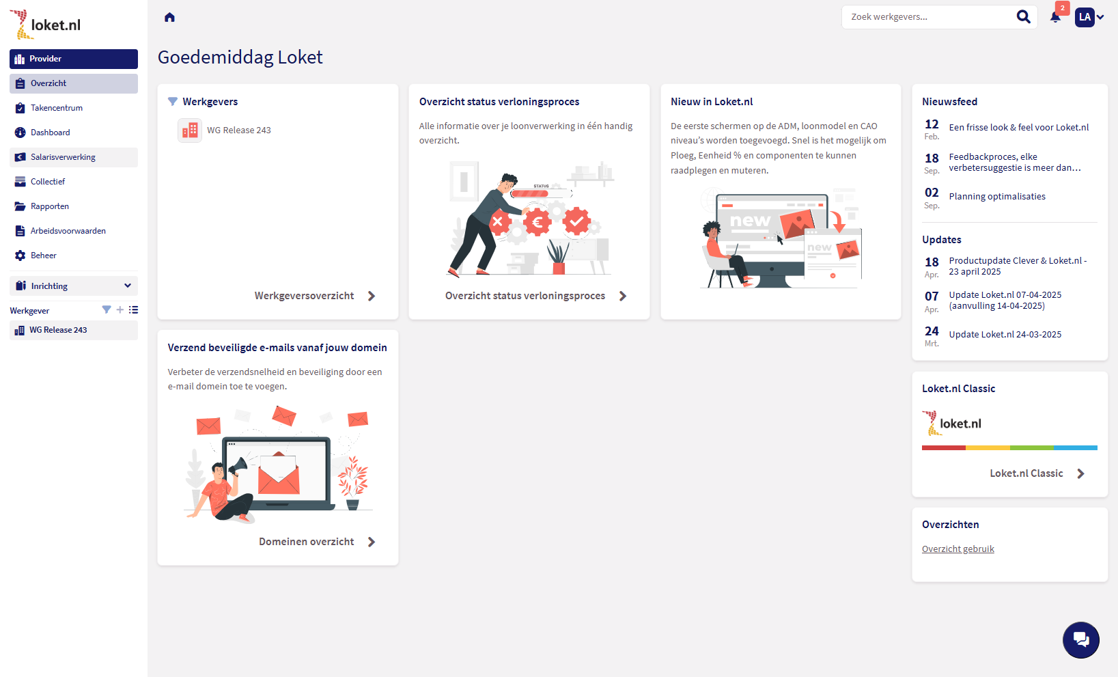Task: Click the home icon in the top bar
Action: (x=169, y=18)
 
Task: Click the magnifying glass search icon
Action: (x=1023, y=17)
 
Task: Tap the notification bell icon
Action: (x=1055, y=18)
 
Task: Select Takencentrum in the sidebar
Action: (x=57, y=108)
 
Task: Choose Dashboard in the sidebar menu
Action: (x=50, y=133)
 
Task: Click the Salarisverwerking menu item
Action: (x=63, y=156)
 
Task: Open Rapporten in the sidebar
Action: (x=49, y=206)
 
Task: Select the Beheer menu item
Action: (x=44, y=255)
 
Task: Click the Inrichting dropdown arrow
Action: (x=127, y=286)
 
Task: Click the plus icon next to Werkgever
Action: (x=120, y=310)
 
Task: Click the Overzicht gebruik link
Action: (x=958, y=549)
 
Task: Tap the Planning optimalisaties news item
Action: (x=997, y=196)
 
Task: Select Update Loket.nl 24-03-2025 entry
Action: (x=1005, y=335)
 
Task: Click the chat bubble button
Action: (x=1080, y=640)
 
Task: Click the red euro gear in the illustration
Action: (x=537, y=221)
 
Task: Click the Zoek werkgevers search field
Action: (x=928, y=17)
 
